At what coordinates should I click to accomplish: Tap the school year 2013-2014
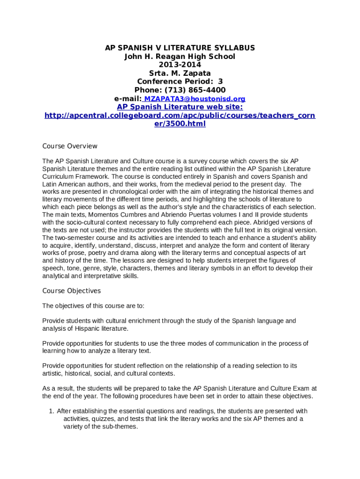[x=180, y=65]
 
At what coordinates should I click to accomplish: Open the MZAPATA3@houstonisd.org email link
[x=194, y=99]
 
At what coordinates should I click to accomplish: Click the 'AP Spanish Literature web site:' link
[x=180, y=107]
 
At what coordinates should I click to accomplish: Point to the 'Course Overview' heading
[x=70, y=146]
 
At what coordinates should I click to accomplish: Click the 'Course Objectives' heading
[x=72, y=291]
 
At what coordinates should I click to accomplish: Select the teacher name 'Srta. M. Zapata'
[x=180, y=73]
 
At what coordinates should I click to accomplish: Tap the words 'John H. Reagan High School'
[x=180, y=57]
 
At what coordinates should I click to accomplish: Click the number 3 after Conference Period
[x=221, y=82]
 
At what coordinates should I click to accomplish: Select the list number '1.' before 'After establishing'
[x=52, y=411]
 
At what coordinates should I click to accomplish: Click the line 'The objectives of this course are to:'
[x=94, y=306]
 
